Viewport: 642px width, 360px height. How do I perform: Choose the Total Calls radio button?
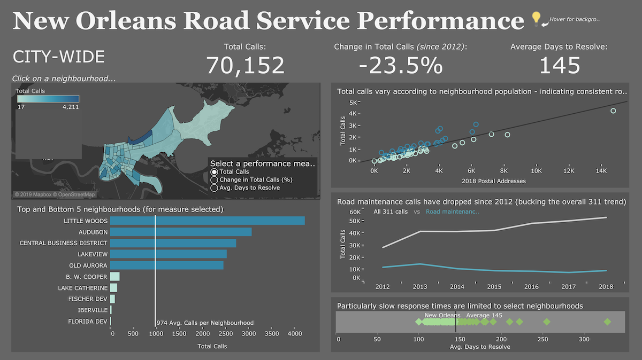pyautogui.click(x=215, y=172)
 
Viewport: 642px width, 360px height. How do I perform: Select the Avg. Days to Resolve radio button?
pyautogui.click(x=215, y=187)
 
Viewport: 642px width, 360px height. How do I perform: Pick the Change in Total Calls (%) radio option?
pyautogui.click(x=215, y=180)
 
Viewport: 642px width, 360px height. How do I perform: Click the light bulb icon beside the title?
pyautogui.click(x=536, y=19)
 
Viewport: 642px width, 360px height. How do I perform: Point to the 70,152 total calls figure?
pyautogui.click(x=246, y=65)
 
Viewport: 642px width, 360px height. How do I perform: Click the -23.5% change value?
pyautogui.click(x=400, y=65)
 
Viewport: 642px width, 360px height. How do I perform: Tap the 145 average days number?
pyautogui.click(x=559, y=65)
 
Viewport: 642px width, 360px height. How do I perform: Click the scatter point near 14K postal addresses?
pyautogui.click(x=613, y=111)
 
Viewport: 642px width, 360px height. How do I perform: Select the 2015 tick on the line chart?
pyautogui.click(x=494, y=287)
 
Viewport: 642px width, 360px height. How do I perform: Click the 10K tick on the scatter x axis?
pyautogui.click(x=536, y=171)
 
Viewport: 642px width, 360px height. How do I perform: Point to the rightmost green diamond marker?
pyautogui.click(x=607, y=322)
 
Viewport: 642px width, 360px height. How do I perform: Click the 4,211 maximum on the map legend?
pyautogui.click(x=70, y=107)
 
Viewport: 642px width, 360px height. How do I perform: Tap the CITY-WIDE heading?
pyautogui.click(x=58, y=57)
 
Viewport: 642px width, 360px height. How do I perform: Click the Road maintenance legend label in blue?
pyautogui.click(x=453, y=212)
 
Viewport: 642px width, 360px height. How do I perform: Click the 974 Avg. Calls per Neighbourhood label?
pyautogui.click(x=205, y=323)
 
